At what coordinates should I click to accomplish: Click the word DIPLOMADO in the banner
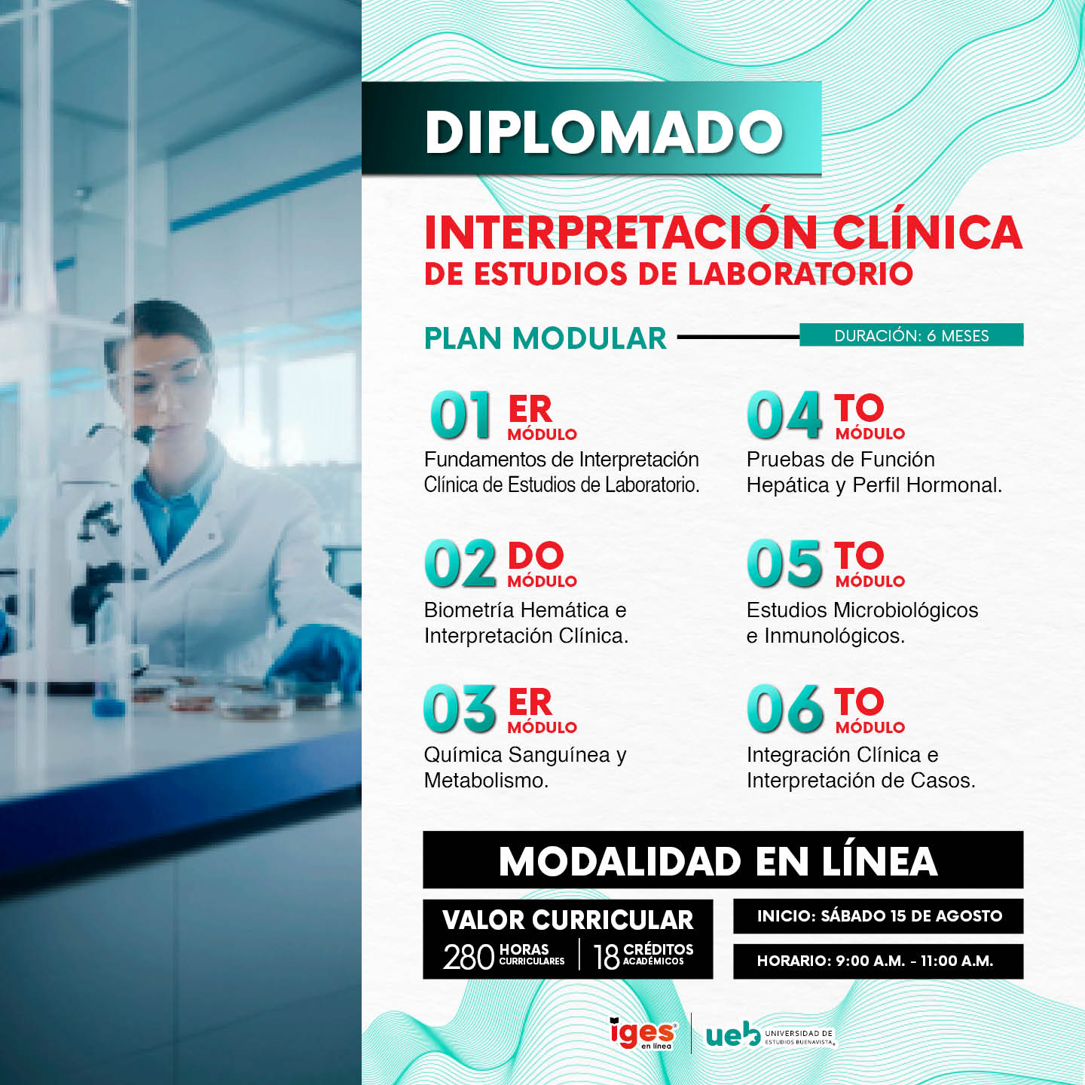pos(604,132)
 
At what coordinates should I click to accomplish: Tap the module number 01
pos(460,414)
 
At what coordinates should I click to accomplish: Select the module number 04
pos(784,414)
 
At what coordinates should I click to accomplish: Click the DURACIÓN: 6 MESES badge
pos(912,335)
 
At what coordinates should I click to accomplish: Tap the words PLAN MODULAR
pos(545,338)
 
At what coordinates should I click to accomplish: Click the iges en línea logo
pos(643,1033)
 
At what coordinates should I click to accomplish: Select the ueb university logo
pos(770,1034)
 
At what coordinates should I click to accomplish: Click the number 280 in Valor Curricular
pos(469,957)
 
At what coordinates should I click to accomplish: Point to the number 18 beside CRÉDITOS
pos(607,957)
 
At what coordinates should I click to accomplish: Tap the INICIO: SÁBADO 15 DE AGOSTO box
pos(879,916)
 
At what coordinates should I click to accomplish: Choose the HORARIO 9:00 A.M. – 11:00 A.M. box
pos(879,961)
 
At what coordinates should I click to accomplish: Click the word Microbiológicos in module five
pos(906,610)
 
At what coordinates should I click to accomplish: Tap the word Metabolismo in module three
pos(486,781)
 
